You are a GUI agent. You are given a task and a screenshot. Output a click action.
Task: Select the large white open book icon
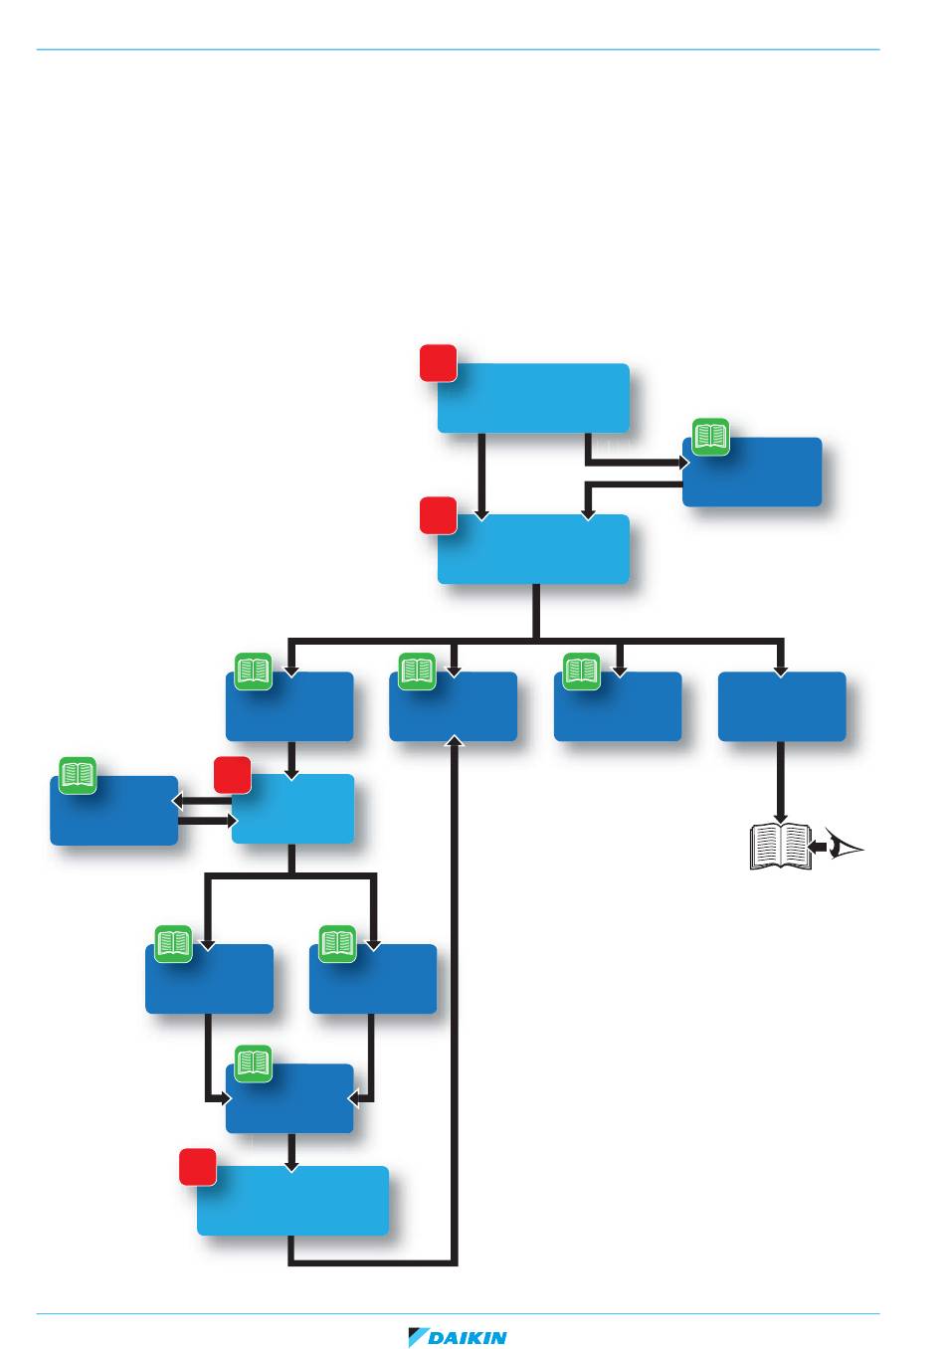[781, 847]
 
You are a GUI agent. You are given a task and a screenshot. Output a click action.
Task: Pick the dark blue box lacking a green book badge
[782, 706]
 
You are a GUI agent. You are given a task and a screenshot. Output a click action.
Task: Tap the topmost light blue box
[533, 398]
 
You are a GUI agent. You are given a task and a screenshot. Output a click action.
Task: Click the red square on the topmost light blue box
[438, 363]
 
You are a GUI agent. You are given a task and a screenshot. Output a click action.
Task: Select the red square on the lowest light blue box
[198, 1167]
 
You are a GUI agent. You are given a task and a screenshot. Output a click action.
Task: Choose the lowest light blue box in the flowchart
[292, 1201]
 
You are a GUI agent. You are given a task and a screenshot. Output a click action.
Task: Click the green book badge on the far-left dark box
[78, 775]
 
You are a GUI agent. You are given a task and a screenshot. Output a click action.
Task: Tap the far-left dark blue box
[114, 811]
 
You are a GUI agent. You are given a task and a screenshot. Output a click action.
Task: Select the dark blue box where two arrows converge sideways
[289, 1098]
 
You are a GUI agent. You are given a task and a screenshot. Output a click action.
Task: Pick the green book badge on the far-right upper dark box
[710, 437]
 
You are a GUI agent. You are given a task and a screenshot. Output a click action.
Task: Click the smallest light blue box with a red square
[292, 809]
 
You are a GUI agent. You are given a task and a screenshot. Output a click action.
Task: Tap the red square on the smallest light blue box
[232, 774]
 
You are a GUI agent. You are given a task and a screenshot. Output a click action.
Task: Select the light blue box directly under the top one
[533, 549]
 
